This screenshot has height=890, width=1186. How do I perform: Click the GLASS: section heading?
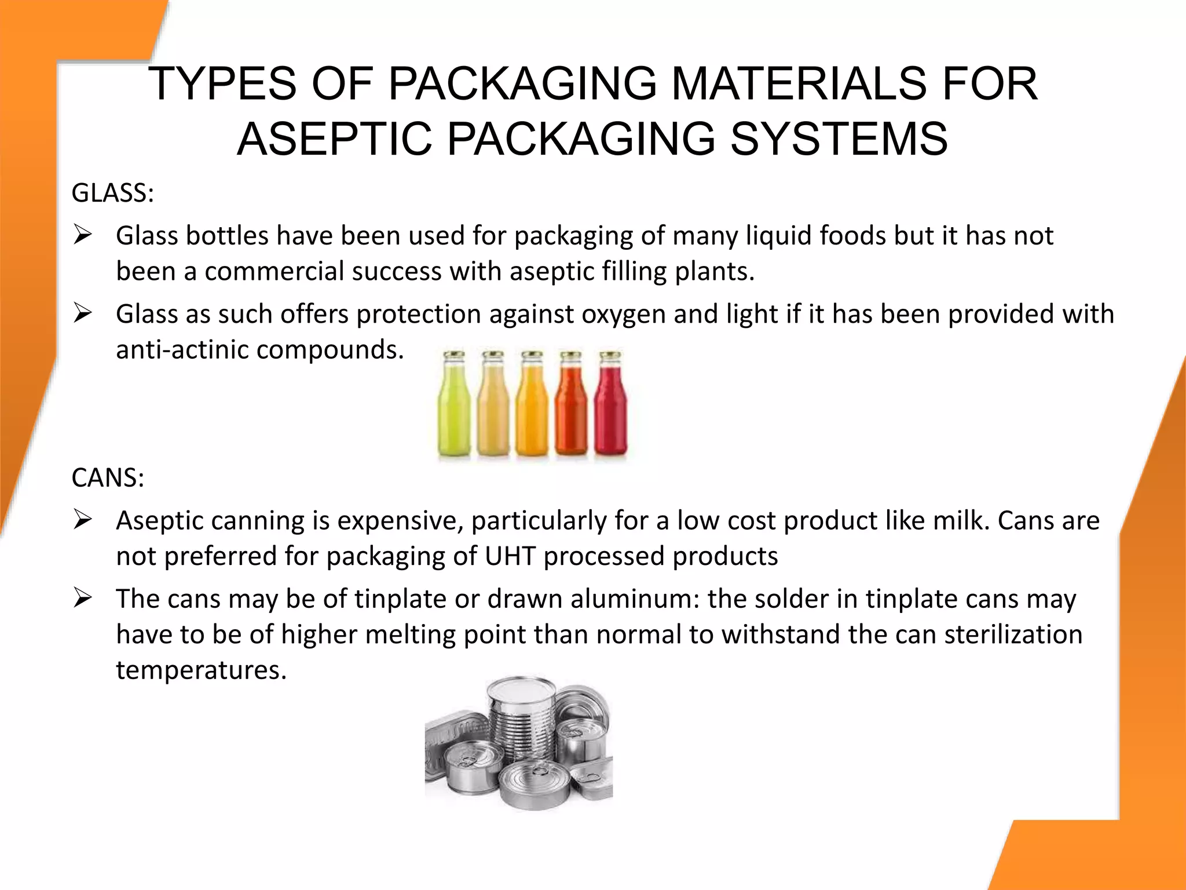pyautogui.click(x=112, y=193)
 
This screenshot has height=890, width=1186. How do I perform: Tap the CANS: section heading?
pyautogui.click(x=108, y=478)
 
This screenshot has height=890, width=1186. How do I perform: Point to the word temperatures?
pyautogui.click(x=201, y=670)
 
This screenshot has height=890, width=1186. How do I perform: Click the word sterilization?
pyautogui.click(x=1013, y=634)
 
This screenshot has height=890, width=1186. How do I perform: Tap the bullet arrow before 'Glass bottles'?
pyautogui.click(x=83, y=235)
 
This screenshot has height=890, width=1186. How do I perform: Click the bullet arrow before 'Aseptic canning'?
pyautogui.click(x=83, y=520)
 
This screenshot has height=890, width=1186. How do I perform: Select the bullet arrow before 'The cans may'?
pyautogui.click(x=83, y=599)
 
